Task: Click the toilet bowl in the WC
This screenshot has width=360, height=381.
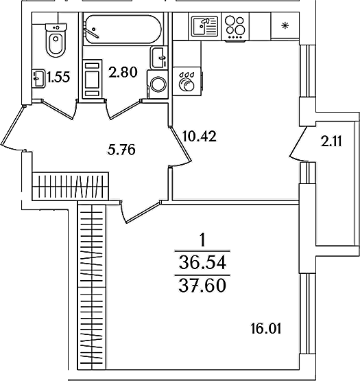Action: click(56, 41)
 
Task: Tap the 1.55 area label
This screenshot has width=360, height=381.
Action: click(58, 78)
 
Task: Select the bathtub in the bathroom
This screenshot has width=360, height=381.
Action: click(122, 30)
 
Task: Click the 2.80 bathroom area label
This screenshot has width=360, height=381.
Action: click(123, 72)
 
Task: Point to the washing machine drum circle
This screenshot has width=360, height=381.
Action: click(158, 84)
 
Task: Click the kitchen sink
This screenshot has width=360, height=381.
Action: click(204, 26)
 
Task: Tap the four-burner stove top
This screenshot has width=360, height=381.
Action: click(235, 26)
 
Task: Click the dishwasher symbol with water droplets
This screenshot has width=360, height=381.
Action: click(187, 81)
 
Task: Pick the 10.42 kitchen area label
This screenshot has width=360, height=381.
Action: click(200, 136)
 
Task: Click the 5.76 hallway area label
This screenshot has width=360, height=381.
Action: click(121, 150)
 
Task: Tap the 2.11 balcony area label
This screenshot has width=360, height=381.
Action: click(331, 141)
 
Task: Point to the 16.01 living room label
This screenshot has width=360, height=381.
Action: click(266, 329)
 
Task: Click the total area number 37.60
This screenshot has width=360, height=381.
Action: click(202, 286)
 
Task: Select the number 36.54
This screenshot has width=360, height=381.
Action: click(202, 263)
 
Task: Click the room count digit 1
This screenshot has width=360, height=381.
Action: click(202, 240)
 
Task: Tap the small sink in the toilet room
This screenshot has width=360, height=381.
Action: click(38, 78)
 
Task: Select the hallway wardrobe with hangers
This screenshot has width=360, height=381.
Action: click(71, 186)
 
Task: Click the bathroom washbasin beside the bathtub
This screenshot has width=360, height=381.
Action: click(158, 58)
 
